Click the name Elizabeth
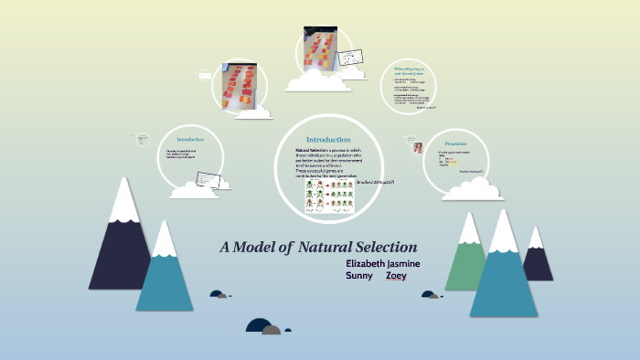click(x=368, y=263)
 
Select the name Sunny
click(x=360, y=276)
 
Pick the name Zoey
click(x=396, y=276)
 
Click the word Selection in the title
click(x=379, y=247)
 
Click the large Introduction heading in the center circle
click(x=327, y=139)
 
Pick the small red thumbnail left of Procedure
click(x=418, y=147)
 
